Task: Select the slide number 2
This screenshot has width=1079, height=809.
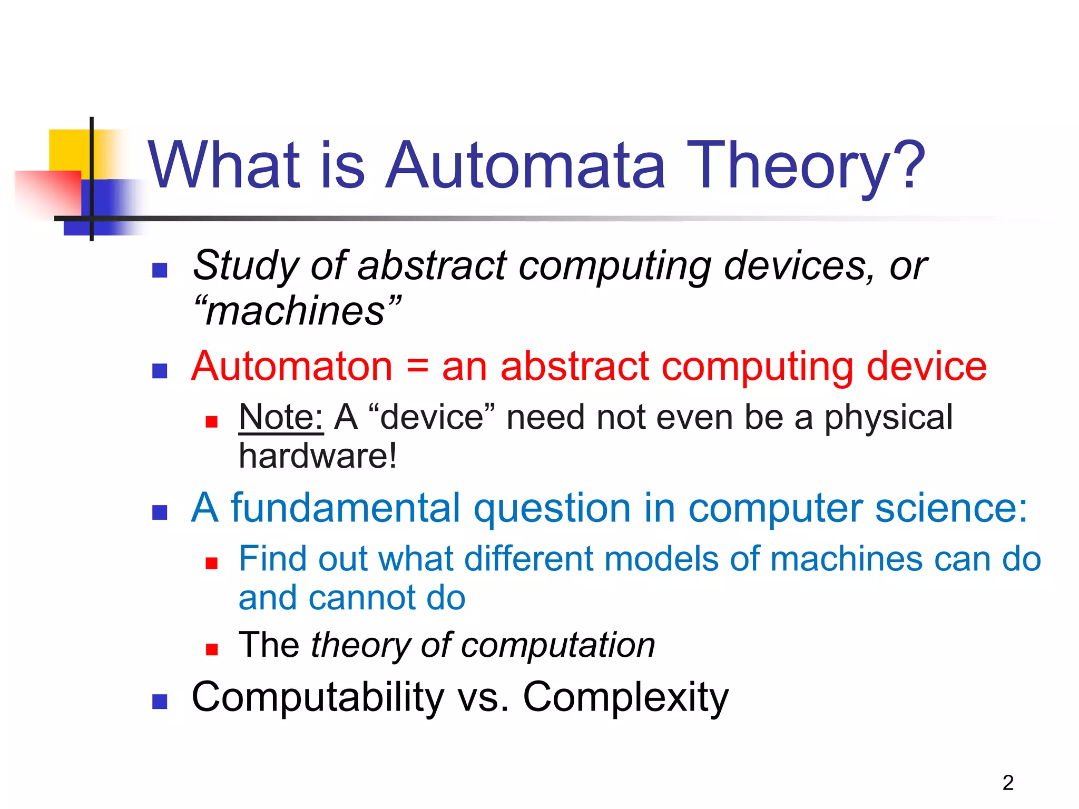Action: click(x=1008, y=783)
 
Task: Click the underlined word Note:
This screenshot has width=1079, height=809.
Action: click(x=281, y=417)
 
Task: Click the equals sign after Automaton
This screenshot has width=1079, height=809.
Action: click(x=417, y=367)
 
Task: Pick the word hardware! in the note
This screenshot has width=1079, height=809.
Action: click(x=318, y=456)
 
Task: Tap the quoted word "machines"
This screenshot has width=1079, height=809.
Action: click(x=297, y=311)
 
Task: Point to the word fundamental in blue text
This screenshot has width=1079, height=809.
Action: click(x=346, y=508)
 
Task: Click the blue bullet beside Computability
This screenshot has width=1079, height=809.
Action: click(x=160, y=702)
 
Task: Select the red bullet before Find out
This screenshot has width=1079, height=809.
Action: click(x=212, y=564)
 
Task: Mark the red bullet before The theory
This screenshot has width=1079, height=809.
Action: click(x=212, y=649)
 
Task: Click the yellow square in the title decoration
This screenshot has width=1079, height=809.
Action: click(x=68, y=150)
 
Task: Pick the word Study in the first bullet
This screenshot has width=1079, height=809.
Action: click(x=246, y=266)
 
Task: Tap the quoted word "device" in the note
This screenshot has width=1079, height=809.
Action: click(x=432, y=417)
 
